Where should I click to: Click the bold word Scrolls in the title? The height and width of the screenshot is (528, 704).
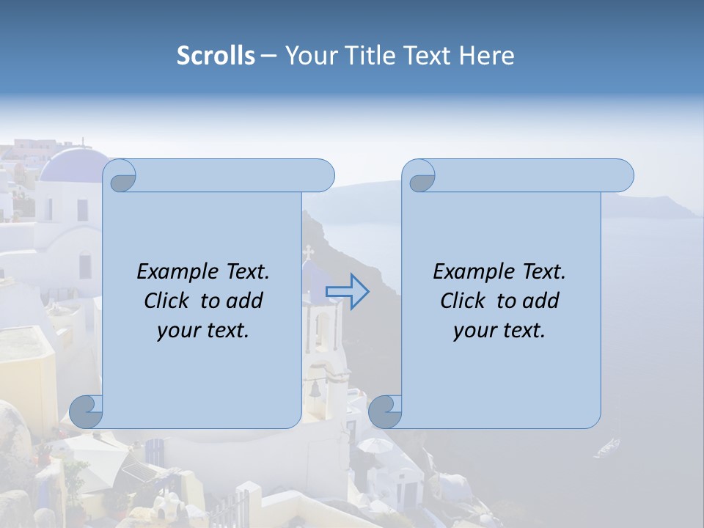(x=216, y=56)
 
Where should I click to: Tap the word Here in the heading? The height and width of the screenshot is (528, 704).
(x=486, y=56)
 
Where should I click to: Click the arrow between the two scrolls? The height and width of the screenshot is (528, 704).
(x=347, y=292)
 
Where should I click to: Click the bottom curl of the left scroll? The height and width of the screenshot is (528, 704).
(x=87, y=411)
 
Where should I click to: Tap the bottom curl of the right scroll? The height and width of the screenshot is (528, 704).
(x=385, y=411)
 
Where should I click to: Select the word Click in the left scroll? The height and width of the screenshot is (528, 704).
(x=167, y=301)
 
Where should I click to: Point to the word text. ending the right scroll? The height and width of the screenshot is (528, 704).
(x=524, y=331)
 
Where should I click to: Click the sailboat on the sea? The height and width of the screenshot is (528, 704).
(x=608, y=446)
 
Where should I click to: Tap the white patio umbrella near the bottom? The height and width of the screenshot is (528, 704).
(x=375, y=445)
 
